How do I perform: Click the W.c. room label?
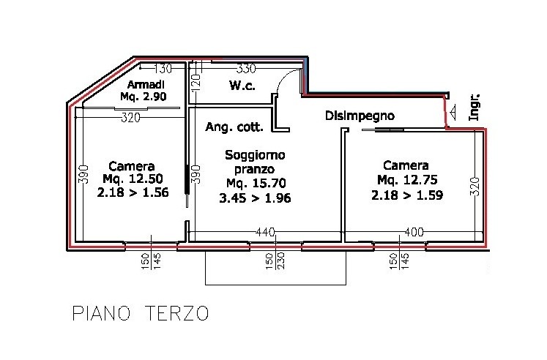click(242, 85)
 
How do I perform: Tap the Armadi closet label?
click(146, 84)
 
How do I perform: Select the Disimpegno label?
click(360, 116)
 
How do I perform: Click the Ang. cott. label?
click(234, 127)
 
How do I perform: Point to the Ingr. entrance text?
click(474, 108)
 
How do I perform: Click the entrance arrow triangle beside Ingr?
click(453, 111)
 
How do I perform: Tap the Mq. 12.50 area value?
click(133, 179)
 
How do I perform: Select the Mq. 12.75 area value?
click(407, 180)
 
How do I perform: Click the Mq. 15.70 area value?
click(256, 183)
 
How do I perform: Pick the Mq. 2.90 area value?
click(144, 97)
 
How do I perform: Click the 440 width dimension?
click(265, 232)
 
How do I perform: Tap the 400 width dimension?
click(414, 232)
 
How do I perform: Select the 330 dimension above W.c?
click(246, 69)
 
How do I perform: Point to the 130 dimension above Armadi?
click(163, 69)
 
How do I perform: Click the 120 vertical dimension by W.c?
click(196, 82)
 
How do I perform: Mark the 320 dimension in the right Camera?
click(475, 187)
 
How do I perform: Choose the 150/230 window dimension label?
click(275, 260)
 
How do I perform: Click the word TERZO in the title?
click(177, 313)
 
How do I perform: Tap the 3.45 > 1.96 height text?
click(255, 198)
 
